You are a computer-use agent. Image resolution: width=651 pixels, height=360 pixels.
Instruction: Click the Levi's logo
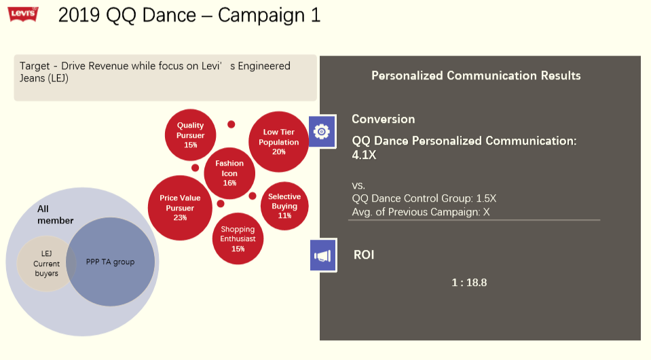23,14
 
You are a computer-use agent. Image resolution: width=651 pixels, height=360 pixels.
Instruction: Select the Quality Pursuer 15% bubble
190,135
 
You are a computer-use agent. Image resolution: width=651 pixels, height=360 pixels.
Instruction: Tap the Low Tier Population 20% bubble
278,141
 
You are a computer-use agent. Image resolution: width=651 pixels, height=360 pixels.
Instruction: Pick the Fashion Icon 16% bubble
229,173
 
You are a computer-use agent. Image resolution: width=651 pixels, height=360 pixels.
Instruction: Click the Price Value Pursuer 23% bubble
180,208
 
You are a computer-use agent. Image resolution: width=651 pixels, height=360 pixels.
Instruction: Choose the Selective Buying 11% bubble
284,206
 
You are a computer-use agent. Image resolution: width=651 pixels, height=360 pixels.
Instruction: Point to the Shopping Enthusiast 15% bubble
238,238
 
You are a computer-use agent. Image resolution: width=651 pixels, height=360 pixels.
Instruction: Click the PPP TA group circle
111,262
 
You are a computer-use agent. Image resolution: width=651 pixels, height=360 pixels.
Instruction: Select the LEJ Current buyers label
46,264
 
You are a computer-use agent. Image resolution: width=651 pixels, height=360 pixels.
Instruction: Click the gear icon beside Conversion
322,132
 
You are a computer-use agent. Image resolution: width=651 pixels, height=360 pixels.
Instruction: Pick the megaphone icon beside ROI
323,255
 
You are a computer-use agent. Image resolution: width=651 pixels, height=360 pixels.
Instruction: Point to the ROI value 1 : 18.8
469,283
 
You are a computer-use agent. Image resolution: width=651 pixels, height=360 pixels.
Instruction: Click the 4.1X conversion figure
364,155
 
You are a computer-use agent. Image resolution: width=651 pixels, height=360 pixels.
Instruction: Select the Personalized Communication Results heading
476,75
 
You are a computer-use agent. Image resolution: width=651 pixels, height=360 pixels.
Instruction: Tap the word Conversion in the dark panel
384,119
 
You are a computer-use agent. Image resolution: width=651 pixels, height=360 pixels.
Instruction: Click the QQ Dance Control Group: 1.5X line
424,198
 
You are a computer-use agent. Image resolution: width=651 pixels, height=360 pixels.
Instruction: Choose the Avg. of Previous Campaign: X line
421,212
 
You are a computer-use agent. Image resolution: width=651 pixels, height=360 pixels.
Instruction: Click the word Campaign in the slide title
261,16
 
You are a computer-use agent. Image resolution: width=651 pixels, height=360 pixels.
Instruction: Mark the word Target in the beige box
35,66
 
